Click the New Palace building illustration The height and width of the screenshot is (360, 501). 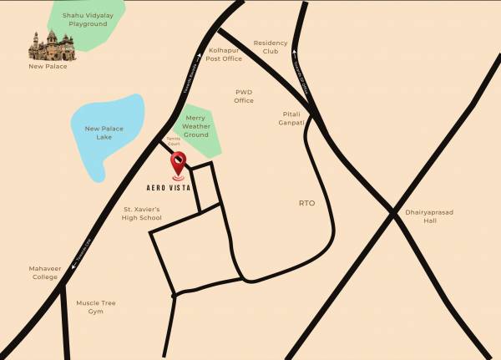point(47,45)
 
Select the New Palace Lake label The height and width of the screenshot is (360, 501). point(104,133)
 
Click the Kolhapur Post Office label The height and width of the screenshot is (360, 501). point(225,54)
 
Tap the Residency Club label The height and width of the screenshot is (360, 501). point(271,47)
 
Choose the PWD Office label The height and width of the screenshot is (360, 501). point(244,95)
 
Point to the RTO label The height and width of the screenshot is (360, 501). point(307,203)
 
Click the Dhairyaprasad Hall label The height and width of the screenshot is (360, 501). point(430,216)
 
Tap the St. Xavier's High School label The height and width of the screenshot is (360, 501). point(142,213)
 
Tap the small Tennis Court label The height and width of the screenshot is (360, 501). point(175,144)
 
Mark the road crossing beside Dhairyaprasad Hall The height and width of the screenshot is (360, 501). point(393,214)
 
